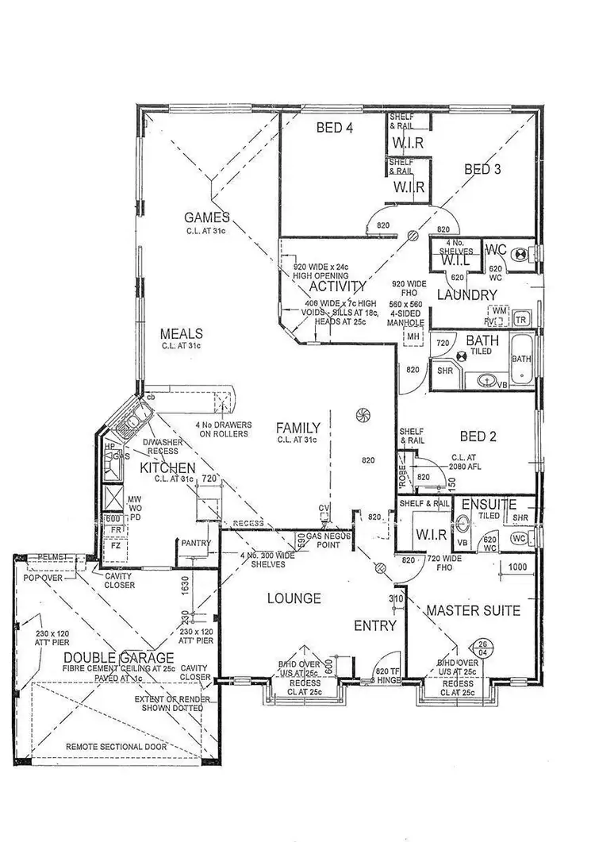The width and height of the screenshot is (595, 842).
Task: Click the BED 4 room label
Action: [x=334, y=128]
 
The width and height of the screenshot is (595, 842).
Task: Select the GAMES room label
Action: [x=207, y=217]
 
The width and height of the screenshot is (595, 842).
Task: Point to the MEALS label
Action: [x=182, y=333]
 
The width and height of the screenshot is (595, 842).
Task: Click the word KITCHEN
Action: [x=167, y=467]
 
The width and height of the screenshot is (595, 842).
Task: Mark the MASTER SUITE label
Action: [x=473, y=610]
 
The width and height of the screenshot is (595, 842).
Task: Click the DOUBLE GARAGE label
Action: [x=119, y=657]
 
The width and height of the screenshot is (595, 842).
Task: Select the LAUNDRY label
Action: [x=466, y=295]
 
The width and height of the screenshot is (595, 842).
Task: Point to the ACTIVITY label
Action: [x=338, y=286]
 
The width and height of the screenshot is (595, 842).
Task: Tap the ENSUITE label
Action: [x=489, y=504]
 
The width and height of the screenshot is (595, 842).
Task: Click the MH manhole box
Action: [x=413, y=337]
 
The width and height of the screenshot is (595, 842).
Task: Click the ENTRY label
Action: [x=374, y=626]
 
